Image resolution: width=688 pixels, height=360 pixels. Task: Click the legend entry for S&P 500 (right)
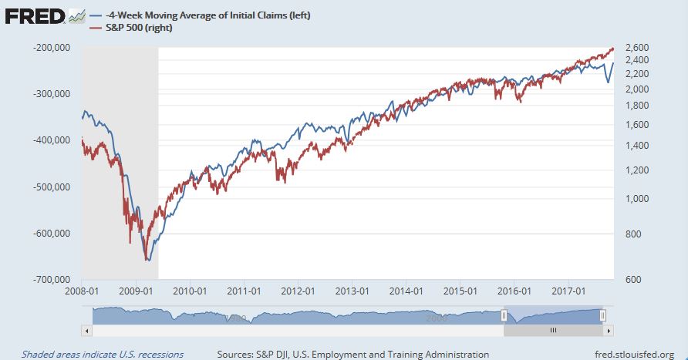pos(135,28)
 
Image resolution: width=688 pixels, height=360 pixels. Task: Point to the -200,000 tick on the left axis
pos(51,48)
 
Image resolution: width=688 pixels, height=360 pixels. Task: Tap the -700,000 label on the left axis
pos(51,279)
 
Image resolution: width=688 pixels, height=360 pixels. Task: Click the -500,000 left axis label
pos(51,187)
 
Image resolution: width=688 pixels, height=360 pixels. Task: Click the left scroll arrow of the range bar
pos(86,330)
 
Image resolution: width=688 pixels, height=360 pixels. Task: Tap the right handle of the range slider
pos(603,315)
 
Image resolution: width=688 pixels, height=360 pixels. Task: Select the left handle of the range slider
pos(504,315)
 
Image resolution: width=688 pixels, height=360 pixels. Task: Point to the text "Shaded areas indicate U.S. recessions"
pos(103,354)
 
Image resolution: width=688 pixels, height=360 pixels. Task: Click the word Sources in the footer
pos(234,354)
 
